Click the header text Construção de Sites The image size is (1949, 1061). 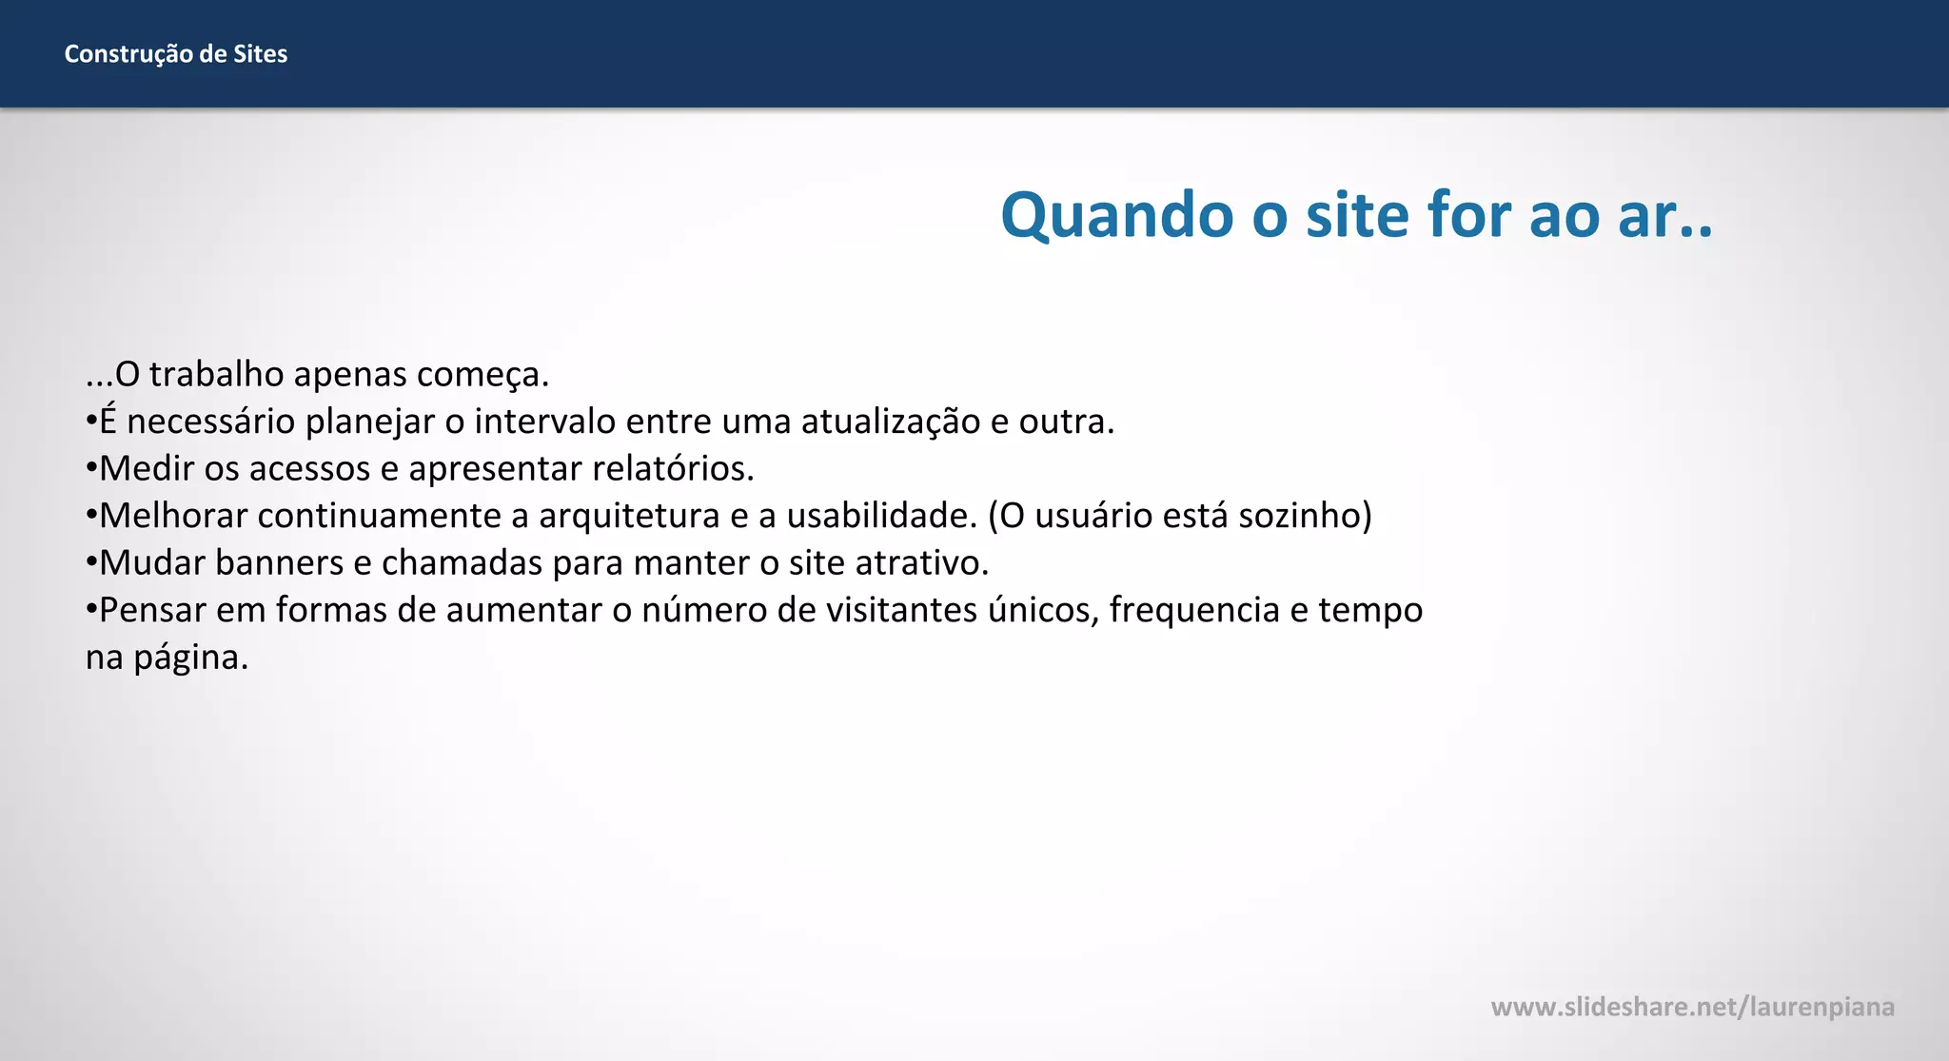175,54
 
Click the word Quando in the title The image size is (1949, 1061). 1117,215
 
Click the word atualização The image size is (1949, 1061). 891,422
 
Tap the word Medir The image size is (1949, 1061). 147,468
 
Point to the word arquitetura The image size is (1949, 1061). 629,516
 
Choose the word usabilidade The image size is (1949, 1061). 882,516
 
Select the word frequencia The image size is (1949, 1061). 1194,610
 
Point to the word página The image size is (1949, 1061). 190,658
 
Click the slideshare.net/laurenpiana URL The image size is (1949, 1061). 1692,1007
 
